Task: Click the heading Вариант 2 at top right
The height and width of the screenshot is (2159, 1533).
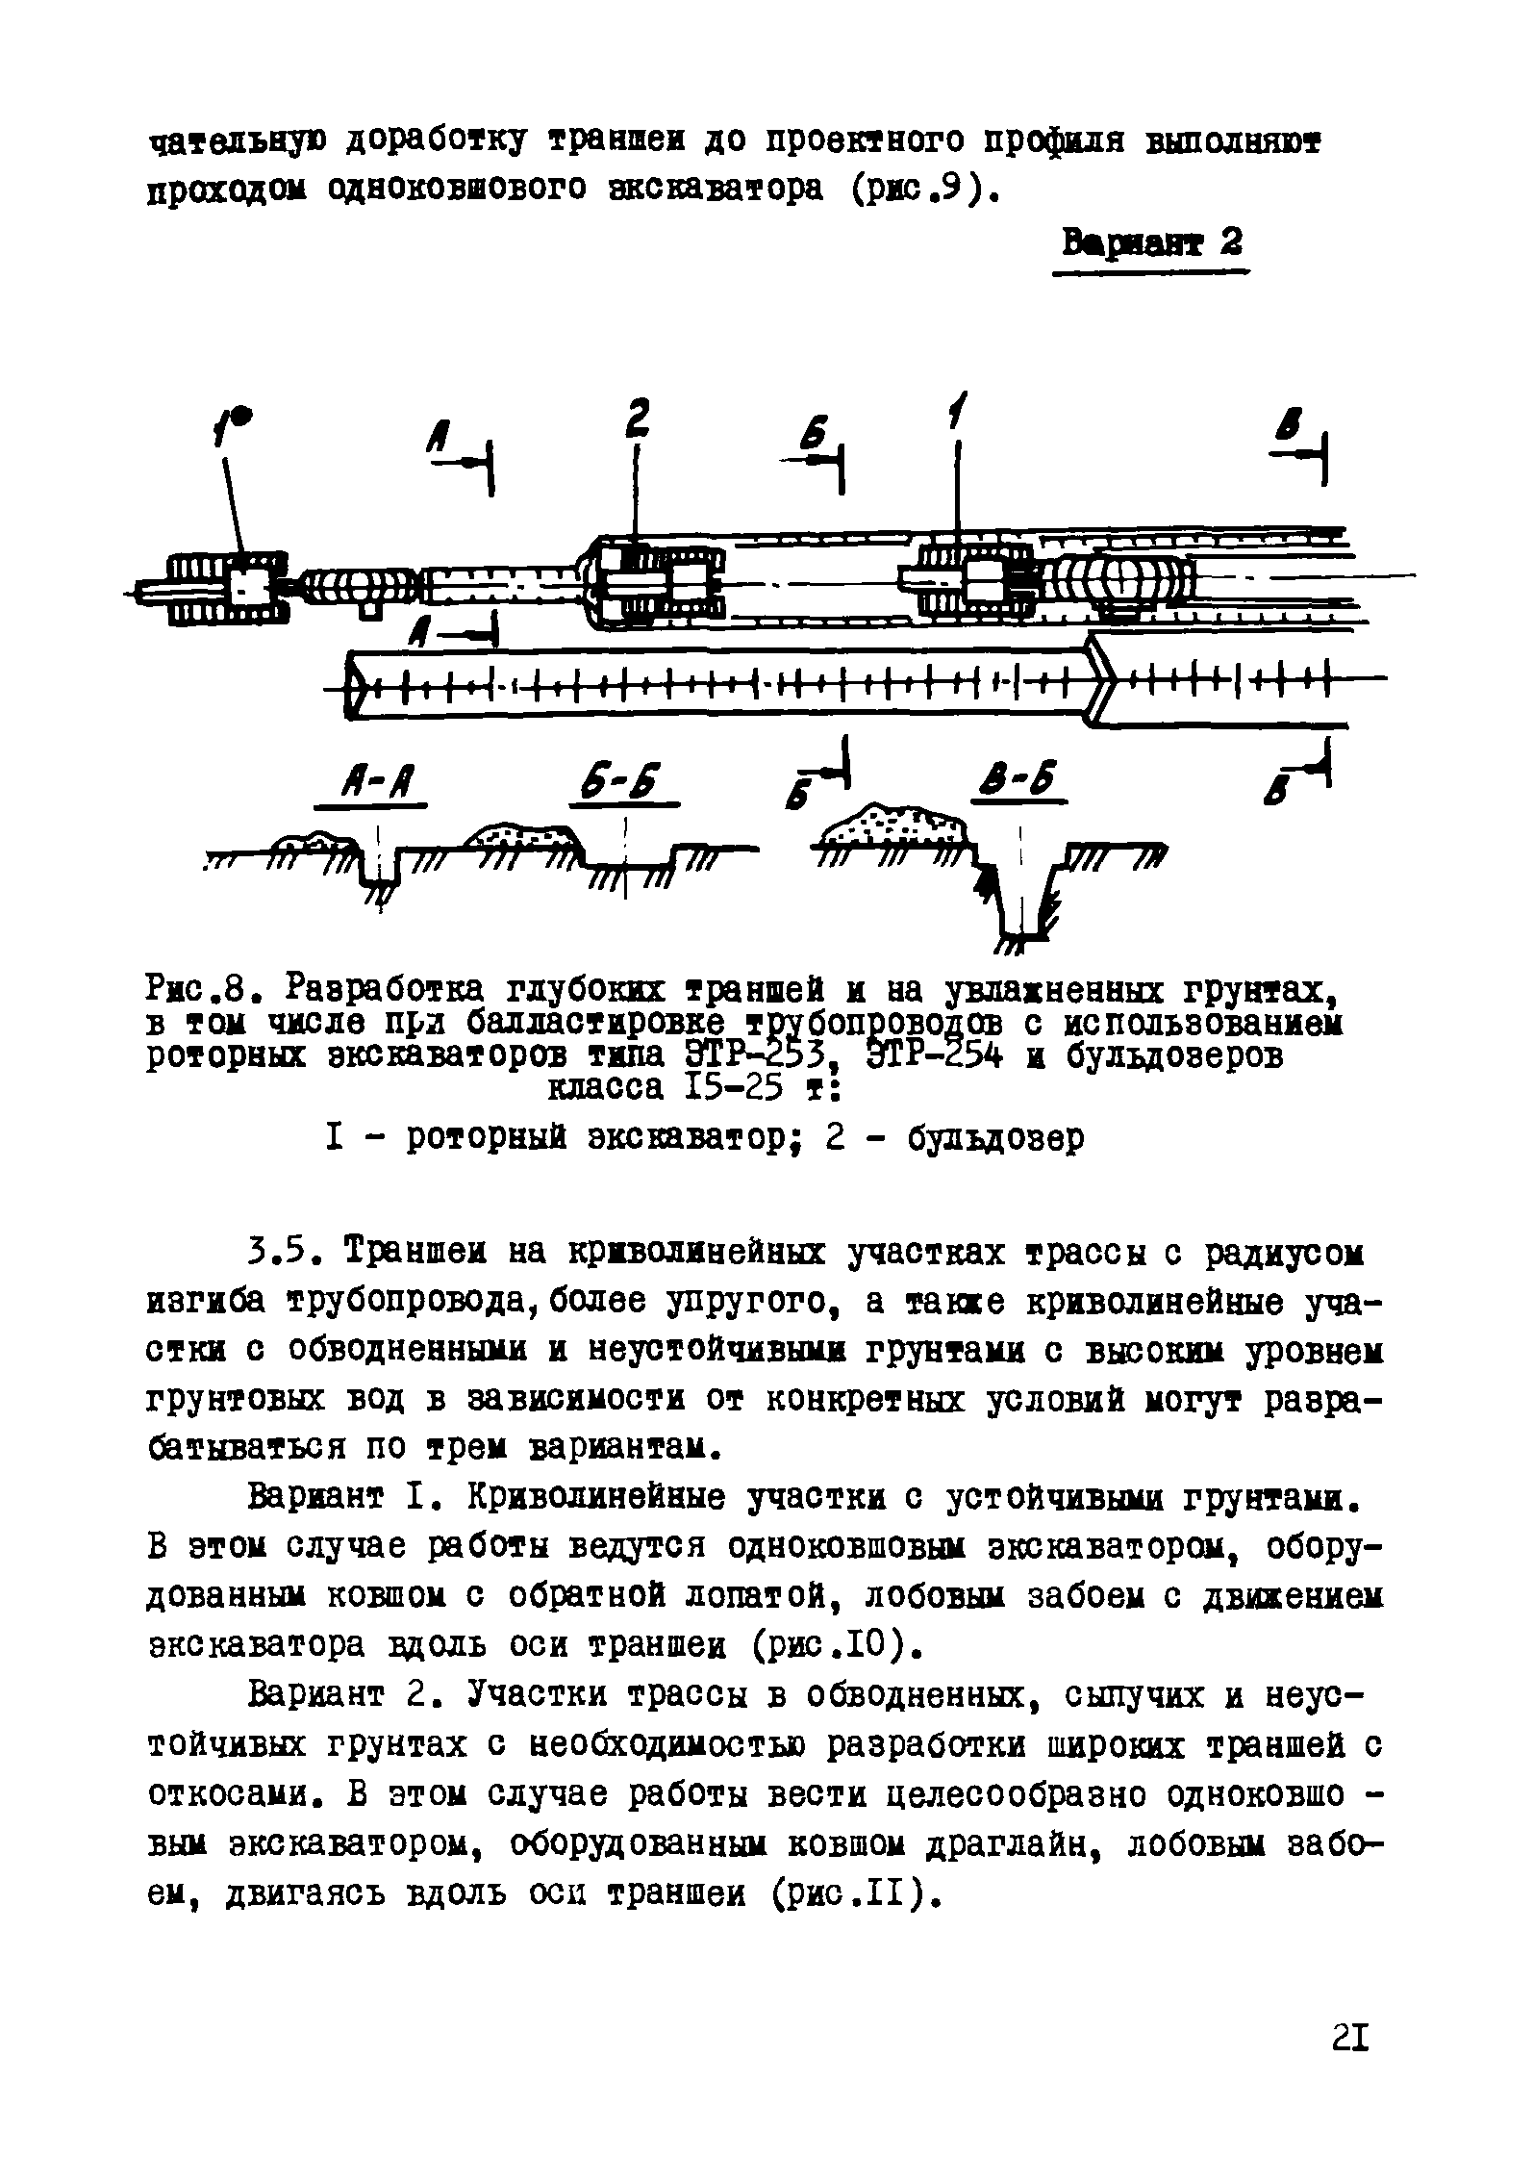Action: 1152,242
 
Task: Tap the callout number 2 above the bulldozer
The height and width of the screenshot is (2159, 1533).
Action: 636,419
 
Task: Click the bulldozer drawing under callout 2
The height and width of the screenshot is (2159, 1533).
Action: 654,581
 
